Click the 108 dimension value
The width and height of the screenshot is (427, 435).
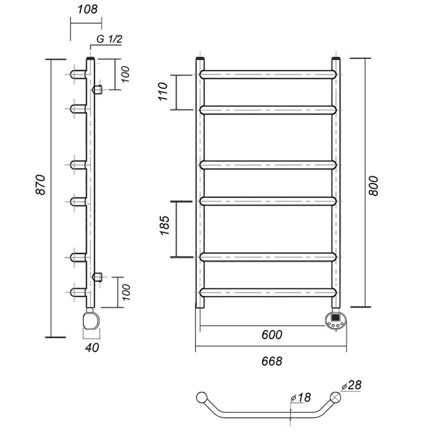pyautogui.click(x=87, y=10)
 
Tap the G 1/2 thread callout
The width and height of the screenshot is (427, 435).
pyautogui.click(x=109, y=39)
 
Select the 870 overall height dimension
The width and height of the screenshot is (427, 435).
pyautogui.click(x=41, y=185)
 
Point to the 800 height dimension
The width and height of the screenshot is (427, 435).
pyautogui.click(x=374, y=186)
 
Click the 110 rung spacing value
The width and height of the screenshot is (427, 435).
pyautogui.click(x=164, y=91)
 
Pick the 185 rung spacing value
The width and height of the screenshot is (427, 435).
pyautogui.click(x=165, y=225)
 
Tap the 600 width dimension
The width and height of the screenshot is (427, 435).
pyautogui.click(x=272, y=335)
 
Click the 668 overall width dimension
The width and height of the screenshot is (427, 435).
pyautogui.click(x=272, y=361)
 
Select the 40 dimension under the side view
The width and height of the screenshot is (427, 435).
pyautogui.click(x=92, y=348)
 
